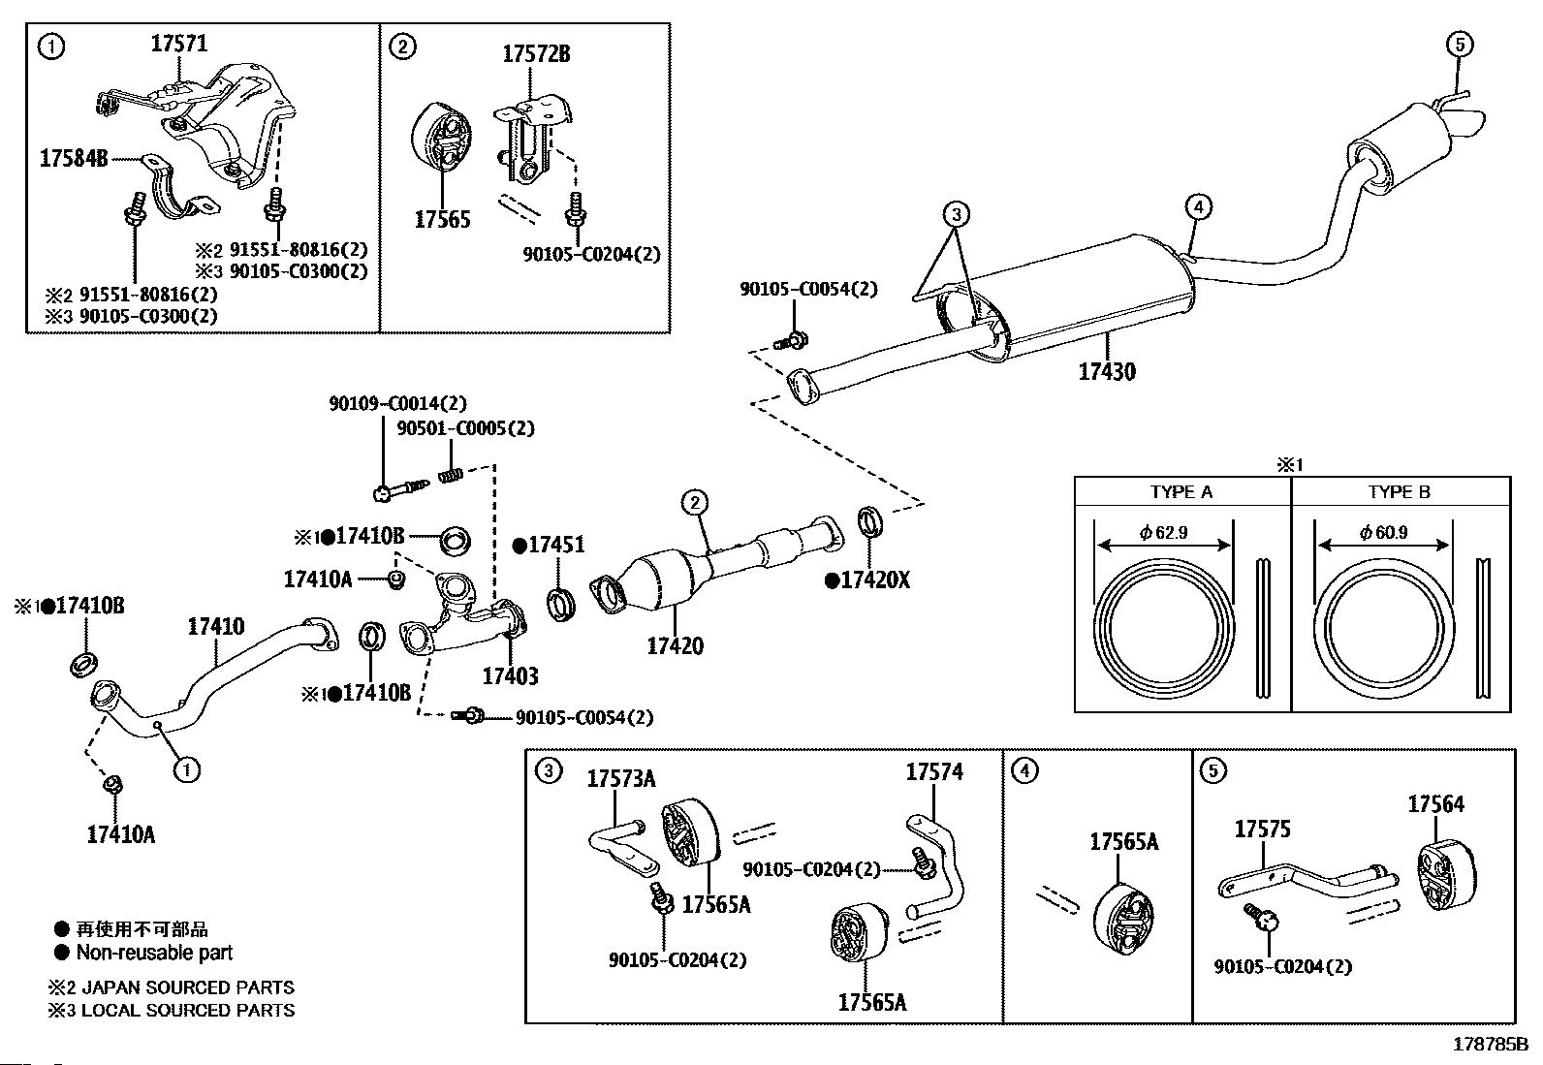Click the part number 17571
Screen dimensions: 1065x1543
(179, 44)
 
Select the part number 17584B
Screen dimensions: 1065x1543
(74, 158)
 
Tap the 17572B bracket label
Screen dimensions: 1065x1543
(536, 54)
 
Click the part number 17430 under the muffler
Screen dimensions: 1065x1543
(1107, 371)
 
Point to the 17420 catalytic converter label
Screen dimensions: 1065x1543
(676, 645)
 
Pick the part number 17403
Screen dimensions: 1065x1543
(510, 676)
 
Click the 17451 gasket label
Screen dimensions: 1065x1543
(555, 546)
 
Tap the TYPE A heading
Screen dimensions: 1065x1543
(1181, 492)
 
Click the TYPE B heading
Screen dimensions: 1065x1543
(1399, 492)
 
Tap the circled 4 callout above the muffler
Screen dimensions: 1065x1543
(1198, 206)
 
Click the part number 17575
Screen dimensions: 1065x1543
(1262, 830)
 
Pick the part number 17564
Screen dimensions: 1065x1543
(1435, 804)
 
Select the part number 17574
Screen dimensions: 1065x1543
(934, 772)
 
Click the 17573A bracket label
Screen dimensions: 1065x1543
(621, 778)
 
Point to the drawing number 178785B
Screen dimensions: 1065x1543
(1489, 1045)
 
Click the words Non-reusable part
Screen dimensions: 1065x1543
(154, 953)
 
